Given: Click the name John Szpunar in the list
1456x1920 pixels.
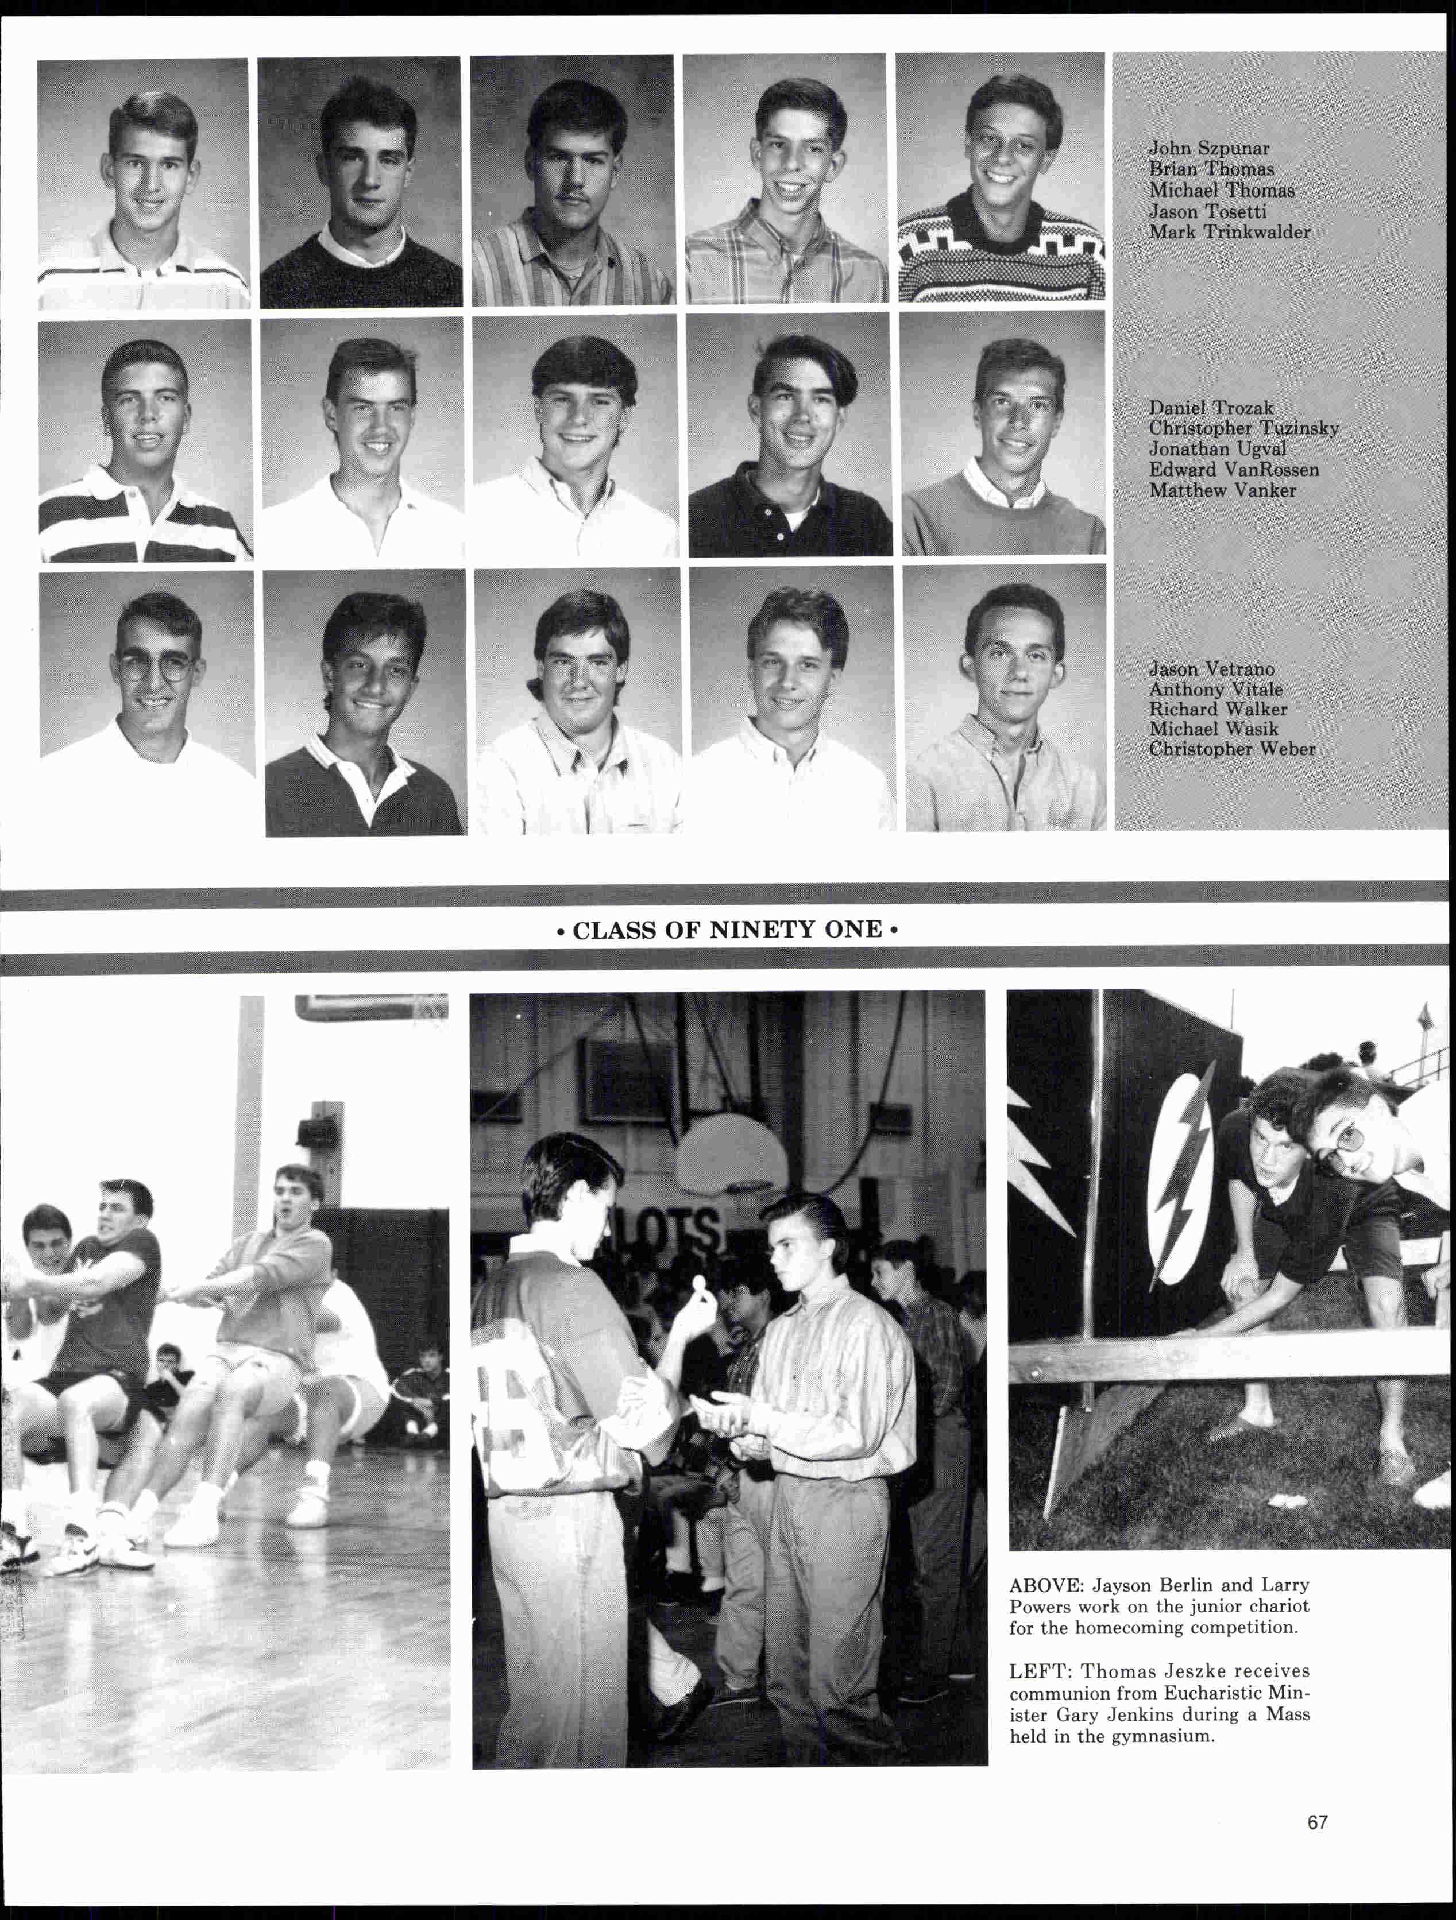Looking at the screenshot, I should click(x=1208, y=149).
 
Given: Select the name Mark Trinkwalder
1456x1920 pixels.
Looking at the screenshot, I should click(x=1229, y=232).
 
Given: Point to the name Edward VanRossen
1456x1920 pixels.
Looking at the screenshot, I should click(x=1234, y=470).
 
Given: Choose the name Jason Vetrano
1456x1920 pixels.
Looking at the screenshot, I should click(x=1211, y=669).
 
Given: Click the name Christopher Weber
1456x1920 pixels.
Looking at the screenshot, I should click(x=1231, y=749).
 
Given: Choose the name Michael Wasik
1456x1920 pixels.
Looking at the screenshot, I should click(x=1213, y=729).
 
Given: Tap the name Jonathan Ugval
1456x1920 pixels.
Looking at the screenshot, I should click(x=1217, y=449).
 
